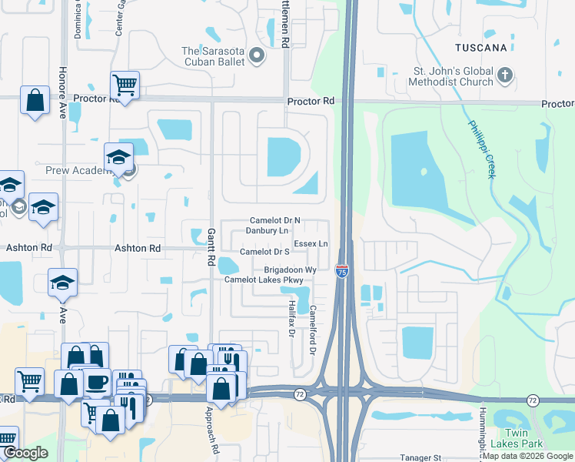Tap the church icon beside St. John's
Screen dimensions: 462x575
click(504, 75)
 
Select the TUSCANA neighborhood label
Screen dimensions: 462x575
click(480, 48)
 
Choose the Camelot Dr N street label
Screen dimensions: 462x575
click(274, 220)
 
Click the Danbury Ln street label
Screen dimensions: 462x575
click(267, 230)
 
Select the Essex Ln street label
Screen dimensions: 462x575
click(311, 243)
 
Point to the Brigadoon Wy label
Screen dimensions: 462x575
click(291, 270)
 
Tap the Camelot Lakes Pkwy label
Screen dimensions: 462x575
click(264, 280)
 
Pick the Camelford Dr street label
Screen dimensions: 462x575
click(313, 330)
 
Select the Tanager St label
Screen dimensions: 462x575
click(420, 457)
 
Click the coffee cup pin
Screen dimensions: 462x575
click(98, 383)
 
